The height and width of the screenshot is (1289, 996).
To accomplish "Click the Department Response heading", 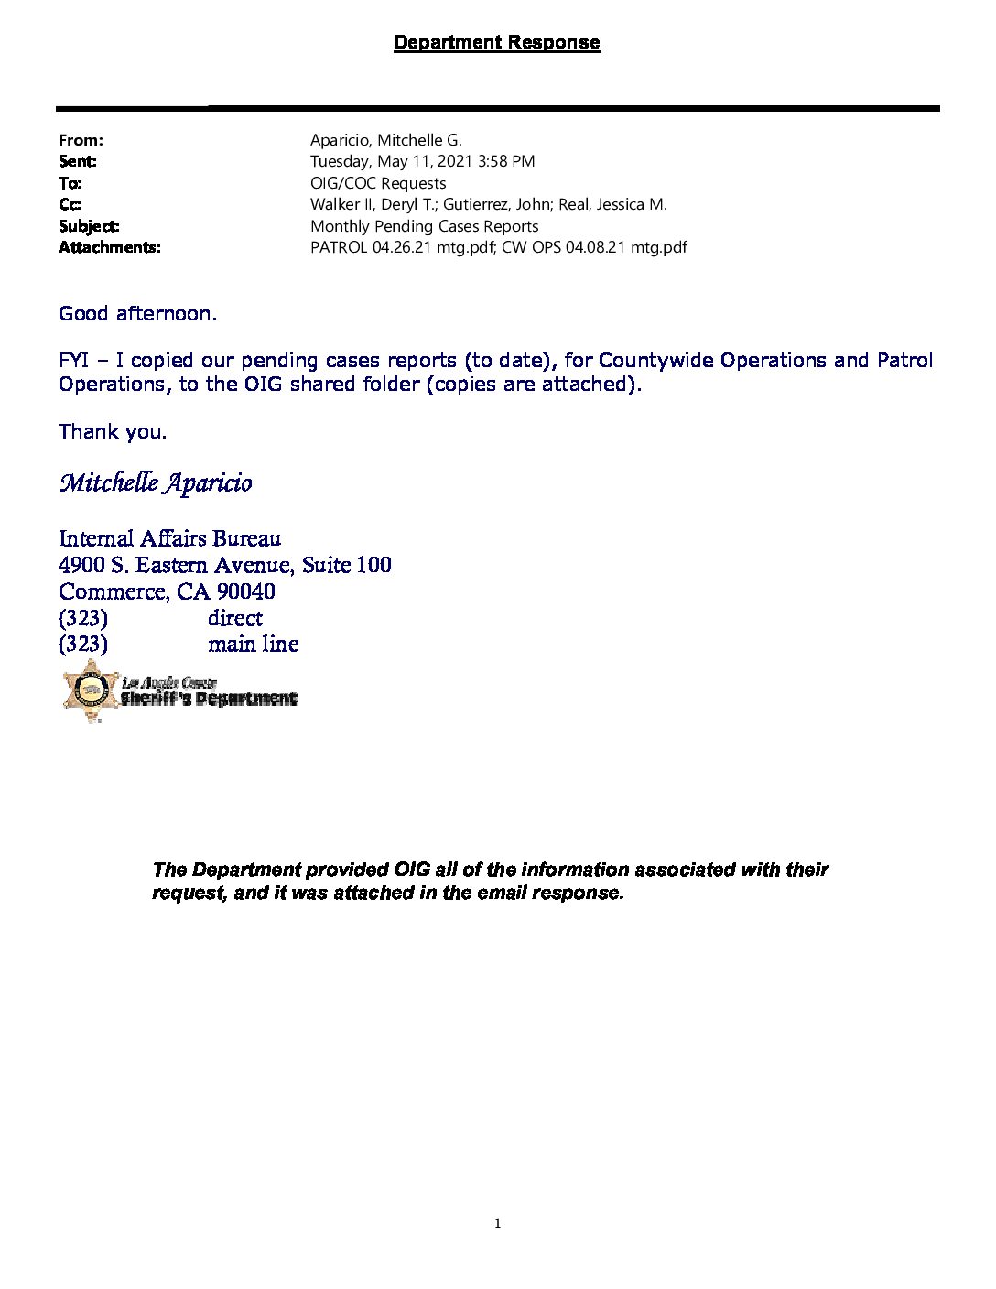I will (497, 42).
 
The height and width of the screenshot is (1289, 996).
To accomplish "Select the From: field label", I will (81, 140).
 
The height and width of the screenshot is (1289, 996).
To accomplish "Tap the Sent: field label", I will (78, 161).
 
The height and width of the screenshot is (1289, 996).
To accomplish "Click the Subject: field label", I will (89, 226).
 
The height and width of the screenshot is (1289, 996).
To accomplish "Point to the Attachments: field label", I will (109, 247).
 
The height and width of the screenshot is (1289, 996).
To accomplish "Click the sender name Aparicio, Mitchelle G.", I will (385, 140).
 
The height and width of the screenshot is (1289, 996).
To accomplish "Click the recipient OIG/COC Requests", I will (378, 183).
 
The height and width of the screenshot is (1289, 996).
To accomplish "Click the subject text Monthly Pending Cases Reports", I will (424, 226).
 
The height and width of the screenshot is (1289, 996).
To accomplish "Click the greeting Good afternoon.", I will (137, 314).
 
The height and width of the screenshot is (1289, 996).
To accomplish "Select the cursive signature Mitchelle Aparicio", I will (156, 482).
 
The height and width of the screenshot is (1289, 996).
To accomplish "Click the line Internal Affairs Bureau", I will (169, 538).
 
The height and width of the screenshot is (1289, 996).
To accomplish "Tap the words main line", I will (254, 644).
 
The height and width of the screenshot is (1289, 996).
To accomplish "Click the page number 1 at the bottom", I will (497, 1223).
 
